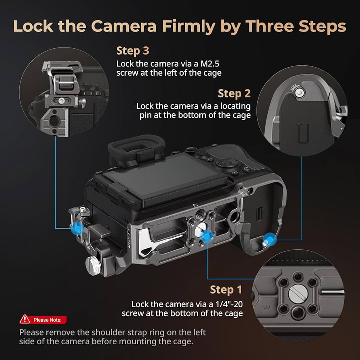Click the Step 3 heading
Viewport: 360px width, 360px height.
click(x=132, y=51)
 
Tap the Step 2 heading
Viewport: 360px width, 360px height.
click(x=234, y=93)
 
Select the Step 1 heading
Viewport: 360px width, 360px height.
click(x=226, y=290)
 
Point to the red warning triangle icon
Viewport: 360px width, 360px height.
click(x=25, y=319)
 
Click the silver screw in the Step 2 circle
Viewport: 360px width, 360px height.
click(x=298, y=93)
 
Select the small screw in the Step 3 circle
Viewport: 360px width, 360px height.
click(x=61, y=100)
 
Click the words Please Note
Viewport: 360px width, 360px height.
click(x=47, y=320)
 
